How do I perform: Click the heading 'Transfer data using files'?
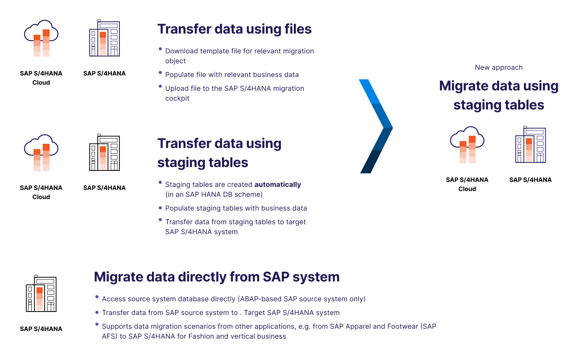234,29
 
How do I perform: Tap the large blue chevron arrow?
375,126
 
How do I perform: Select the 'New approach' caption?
498,67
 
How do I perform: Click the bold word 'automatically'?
277,185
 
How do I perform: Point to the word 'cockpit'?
177,98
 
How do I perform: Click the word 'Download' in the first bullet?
181,51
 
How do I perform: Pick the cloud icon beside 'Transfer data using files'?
41,38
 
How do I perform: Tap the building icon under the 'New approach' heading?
530,145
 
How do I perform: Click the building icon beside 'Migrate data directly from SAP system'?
41,294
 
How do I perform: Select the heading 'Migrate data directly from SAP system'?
216,277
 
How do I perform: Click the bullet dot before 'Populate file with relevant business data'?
160,72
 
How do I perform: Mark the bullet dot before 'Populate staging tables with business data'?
160,208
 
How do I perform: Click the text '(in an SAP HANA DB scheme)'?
214,194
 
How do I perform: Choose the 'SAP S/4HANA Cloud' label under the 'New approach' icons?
467,184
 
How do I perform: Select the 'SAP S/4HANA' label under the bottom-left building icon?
41,329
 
